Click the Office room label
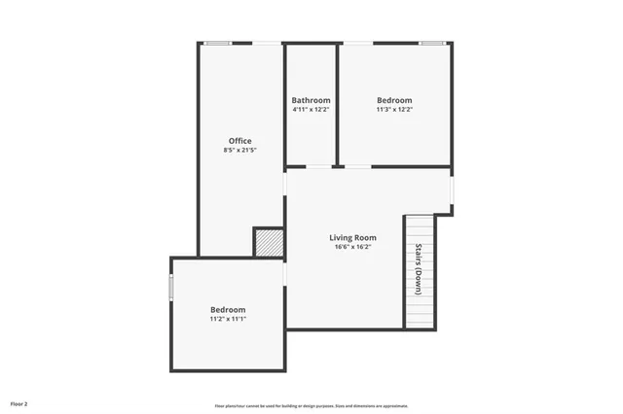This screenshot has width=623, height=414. pos(239,141)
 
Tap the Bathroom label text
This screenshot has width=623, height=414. pos(311,100)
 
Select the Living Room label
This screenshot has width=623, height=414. pos(352,237)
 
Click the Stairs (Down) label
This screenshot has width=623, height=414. pos(419,268)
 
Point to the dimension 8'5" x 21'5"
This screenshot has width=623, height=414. pos(239,152)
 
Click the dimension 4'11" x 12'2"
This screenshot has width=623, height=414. pos(311,110)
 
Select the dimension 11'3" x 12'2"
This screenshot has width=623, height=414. pos(394,110)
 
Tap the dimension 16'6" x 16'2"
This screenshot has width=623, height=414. pos(352,247)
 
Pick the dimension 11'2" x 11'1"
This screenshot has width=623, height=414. pos(228,319)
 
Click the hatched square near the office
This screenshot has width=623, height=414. pos(269,242)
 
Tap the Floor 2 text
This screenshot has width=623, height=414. pos(19,402)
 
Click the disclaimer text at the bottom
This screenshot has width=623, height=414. pos(311,405)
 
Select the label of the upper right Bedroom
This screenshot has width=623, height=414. pos(394,100)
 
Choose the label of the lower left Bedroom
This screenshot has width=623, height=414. pos(228,309)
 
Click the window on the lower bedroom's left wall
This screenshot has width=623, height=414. pos(171,288)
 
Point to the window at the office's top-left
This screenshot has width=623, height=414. pos(218,42)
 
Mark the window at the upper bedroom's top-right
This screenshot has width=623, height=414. pos(431,42)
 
